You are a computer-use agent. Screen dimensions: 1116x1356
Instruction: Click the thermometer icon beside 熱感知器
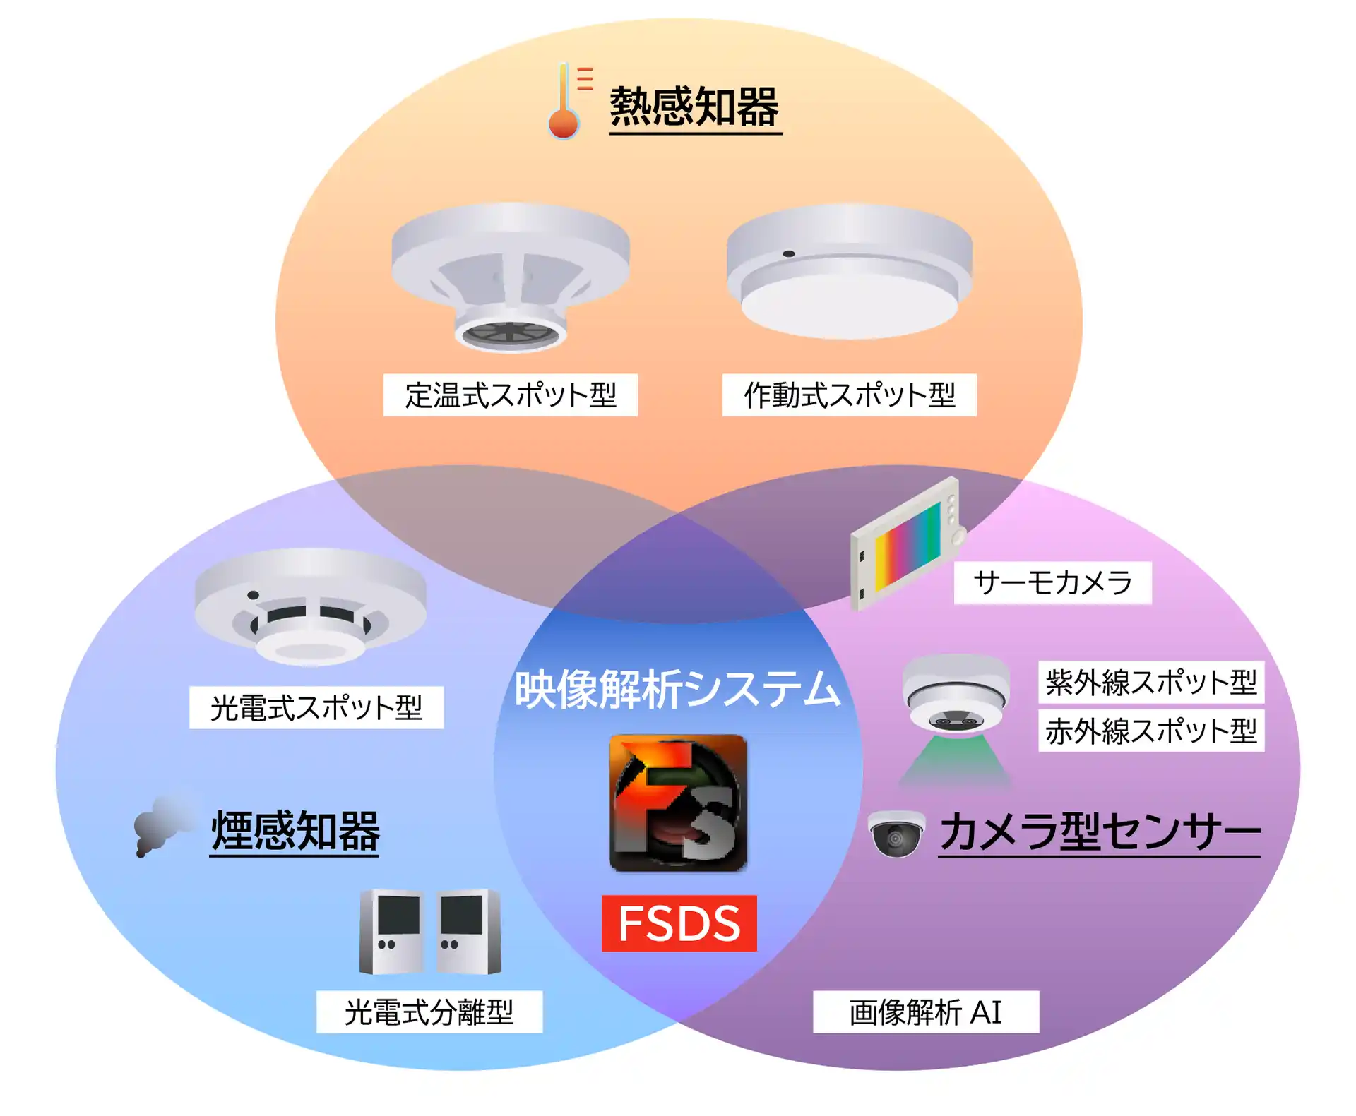565,102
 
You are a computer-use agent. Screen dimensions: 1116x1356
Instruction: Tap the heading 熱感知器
694,107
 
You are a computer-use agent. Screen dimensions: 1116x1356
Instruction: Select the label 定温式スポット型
510,395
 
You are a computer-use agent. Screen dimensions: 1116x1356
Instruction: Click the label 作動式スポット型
849,395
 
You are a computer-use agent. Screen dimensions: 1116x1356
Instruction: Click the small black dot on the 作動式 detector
789,253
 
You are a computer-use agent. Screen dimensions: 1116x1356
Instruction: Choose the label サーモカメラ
1052,583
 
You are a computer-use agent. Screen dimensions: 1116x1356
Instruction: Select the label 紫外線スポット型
1150,682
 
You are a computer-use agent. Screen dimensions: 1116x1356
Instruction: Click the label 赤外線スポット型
1150,731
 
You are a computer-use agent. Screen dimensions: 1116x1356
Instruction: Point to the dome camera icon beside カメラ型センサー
896,834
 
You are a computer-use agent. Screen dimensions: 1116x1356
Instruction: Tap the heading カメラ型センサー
1100,832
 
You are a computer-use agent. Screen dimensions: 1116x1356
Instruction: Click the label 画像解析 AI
925,1012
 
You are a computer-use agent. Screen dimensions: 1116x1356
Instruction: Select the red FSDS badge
679,923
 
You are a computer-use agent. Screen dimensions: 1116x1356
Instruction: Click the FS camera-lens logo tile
677,803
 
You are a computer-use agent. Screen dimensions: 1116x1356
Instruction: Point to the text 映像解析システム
677,689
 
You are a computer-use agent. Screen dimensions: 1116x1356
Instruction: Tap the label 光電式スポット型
316,707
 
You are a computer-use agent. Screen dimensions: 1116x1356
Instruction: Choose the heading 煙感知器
295,832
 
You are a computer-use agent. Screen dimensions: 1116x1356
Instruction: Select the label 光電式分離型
429,1012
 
